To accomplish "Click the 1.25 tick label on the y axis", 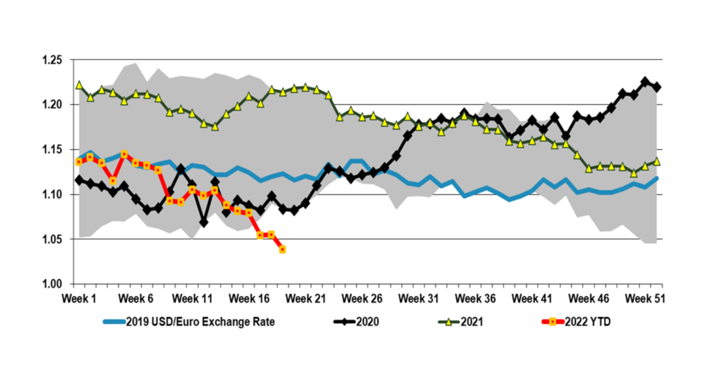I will (52, 60).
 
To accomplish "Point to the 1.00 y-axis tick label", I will (52, 284).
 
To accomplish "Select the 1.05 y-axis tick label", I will (52, 239).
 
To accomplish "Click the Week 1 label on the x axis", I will (79, 299).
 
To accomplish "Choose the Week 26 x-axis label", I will (362, 299).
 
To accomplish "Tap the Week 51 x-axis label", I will (645, 299).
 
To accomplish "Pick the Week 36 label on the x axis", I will (475, 299).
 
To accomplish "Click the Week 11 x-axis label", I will (192, 299).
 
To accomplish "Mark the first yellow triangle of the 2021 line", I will (79, 85).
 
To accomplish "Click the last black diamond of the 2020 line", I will (657, 87).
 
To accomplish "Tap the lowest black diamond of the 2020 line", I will (203, 223).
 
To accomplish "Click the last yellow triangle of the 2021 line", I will (657, 162).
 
